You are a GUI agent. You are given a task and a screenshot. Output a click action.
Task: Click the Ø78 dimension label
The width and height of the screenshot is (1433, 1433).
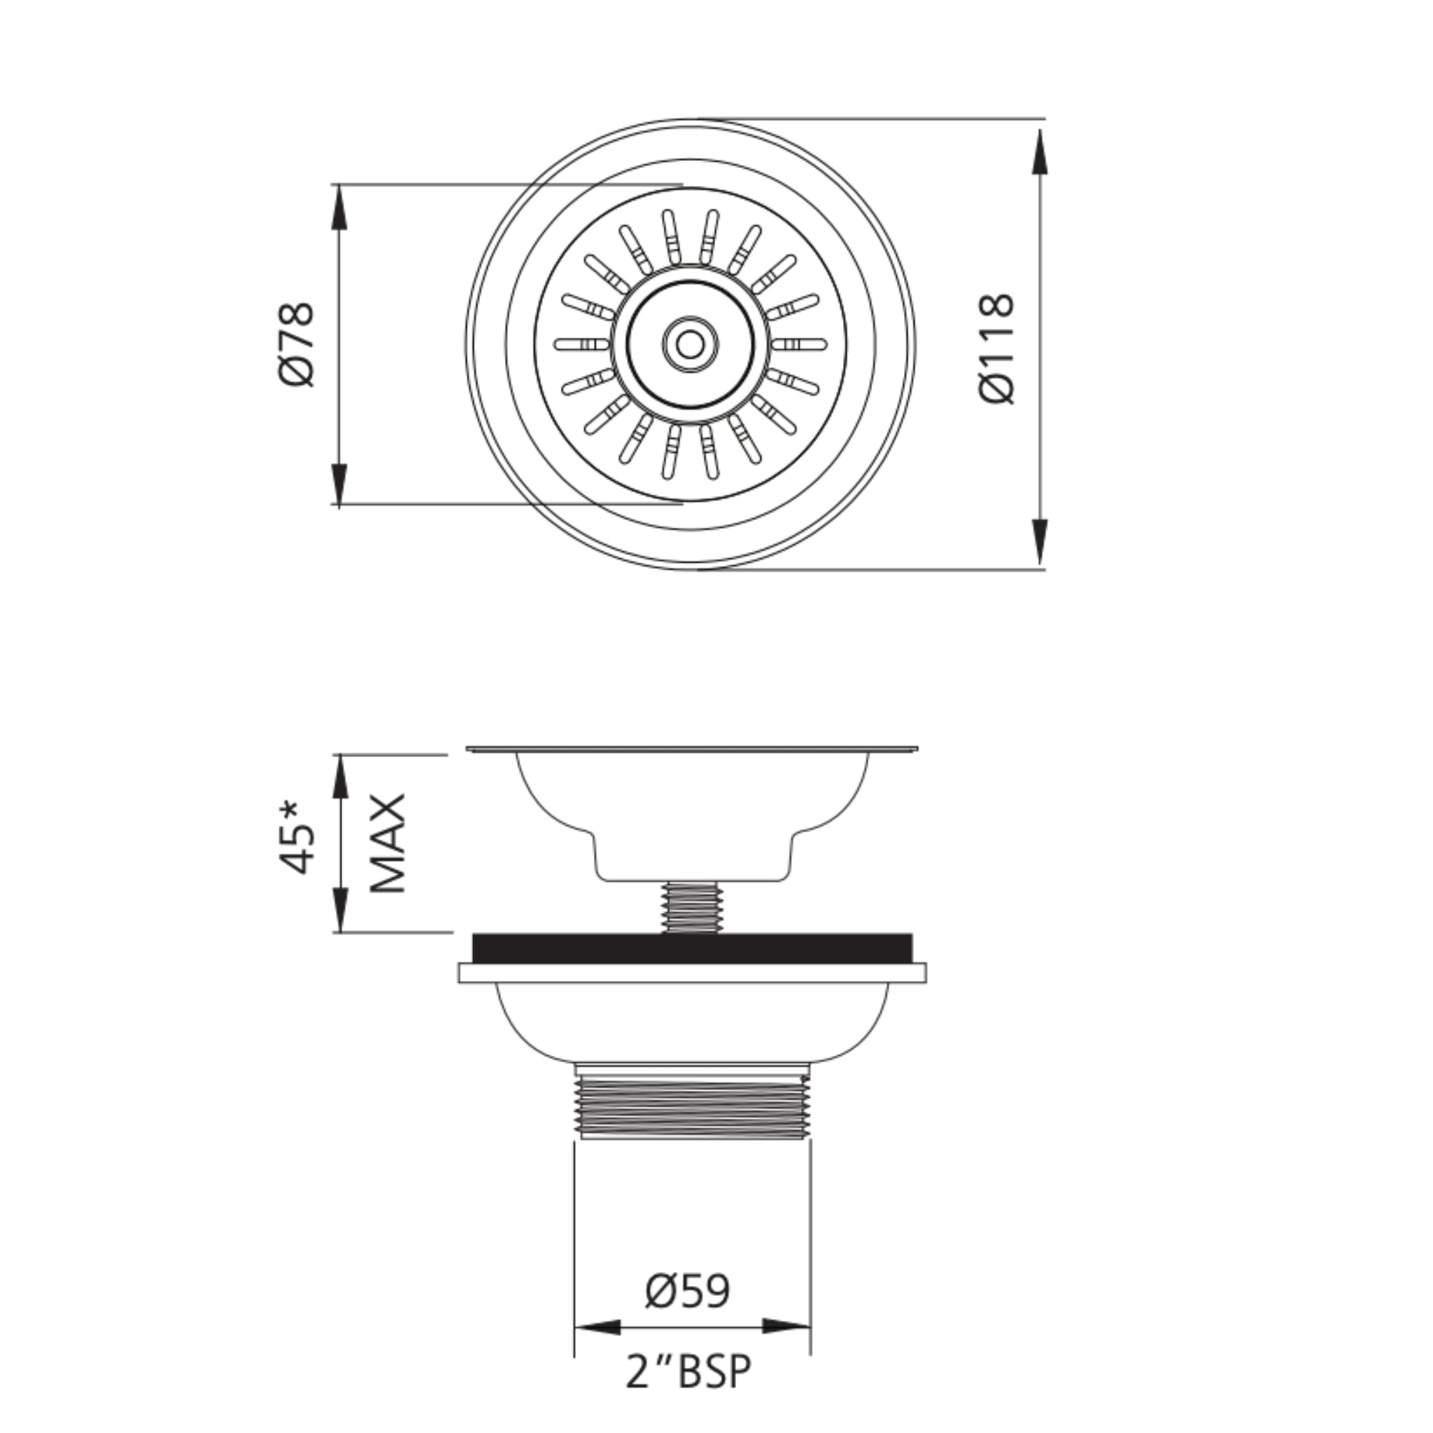coord(297,344)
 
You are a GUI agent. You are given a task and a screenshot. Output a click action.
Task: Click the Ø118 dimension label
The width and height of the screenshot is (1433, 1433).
coord(996,348)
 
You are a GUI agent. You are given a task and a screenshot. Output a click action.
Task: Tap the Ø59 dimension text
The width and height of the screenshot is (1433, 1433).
coord(688,1292)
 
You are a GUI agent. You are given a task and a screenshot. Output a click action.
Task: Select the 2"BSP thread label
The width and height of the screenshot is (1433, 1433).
coord(689,1372)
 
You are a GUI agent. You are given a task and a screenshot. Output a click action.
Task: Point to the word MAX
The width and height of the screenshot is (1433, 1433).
coord(388,843)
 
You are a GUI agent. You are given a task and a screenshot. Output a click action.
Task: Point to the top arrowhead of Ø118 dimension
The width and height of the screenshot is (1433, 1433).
coord(1040,152)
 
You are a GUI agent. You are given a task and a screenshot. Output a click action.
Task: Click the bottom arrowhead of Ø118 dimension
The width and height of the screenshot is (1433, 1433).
coord(1040,541)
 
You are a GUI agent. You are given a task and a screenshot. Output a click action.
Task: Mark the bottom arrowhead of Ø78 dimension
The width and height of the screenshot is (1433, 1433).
coord(339,482)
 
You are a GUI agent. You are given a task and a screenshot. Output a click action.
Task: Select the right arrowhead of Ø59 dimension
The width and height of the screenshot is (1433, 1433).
coord(786,1327)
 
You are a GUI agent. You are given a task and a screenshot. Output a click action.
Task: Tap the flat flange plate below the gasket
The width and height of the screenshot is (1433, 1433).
coord(691,973)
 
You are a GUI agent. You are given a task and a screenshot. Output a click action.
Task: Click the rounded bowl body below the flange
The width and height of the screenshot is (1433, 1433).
coord(691,1024)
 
